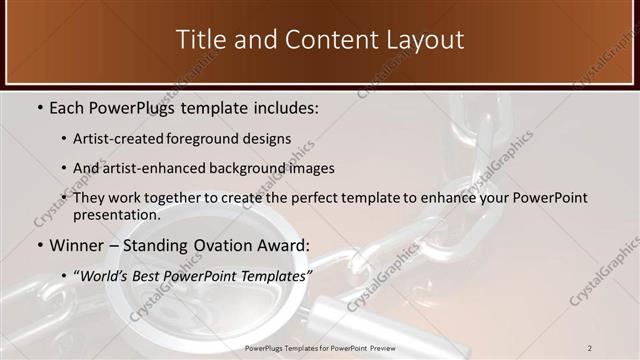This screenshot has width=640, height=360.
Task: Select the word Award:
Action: [x=288, y=245]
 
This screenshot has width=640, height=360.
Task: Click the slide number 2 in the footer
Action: [x=590, y=347]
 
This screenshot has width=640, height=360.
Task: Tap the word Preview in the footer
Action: [x=378, y=347]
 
